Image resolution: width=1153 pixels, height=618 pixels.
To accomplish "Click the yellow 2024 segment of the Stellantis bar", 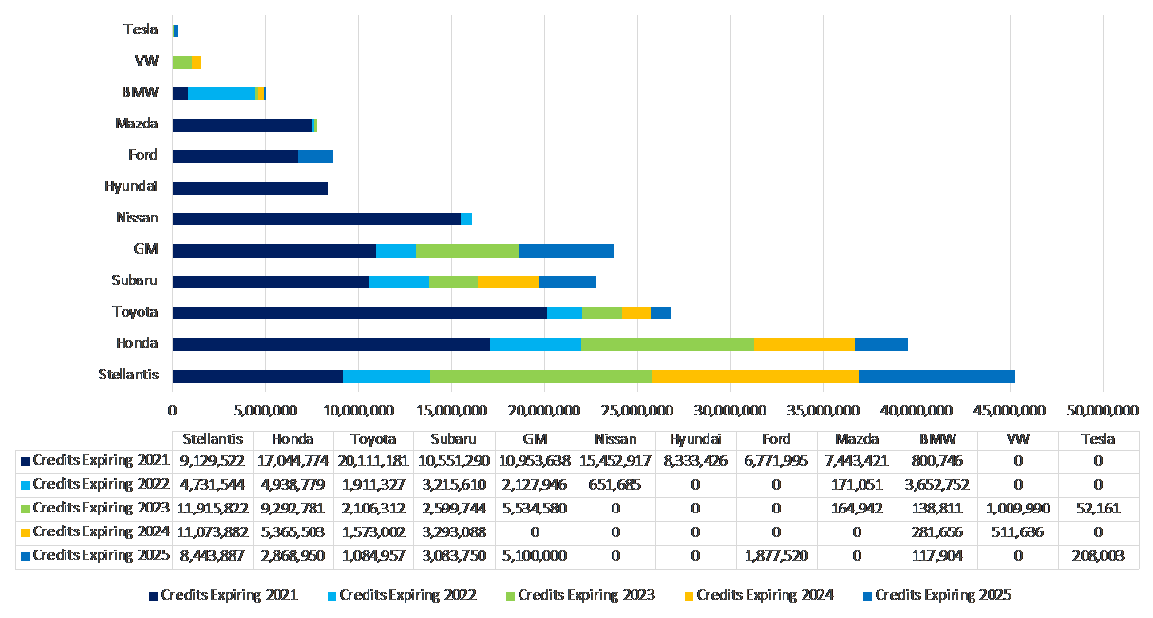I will click(755, 376).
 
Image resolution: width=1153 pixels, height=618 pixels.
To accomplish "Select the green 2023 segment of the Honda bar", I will click(667, 344).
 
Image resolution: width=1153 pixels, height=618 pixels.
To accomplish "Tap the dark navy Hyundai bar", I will click(250, 187).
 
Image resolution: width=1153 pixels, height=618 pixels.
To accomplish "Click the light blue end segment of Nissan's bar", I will click(466, 219).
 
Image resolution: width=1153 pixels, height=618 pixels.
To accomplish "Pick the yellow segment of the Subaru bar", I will click(508, 281).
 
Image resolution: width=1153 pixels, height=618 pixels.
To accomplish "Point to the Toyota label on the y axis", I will click(135, 312).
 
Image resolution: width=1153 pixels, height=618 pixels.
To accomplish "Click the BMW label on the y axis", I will click(140, 92).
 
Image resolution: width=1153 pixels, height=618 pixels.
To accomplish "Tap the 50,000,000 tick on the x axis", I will click(1103, 410).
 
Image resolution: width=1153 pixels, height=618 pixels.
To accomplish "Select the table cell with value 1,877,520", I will click(777, 555).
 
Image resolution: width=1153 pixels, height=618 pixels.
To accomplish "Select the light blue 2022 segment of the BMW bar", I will click(222, 93).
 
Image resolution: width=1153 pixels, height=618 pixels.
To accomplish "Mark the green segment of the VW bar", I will click(181, 62).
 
